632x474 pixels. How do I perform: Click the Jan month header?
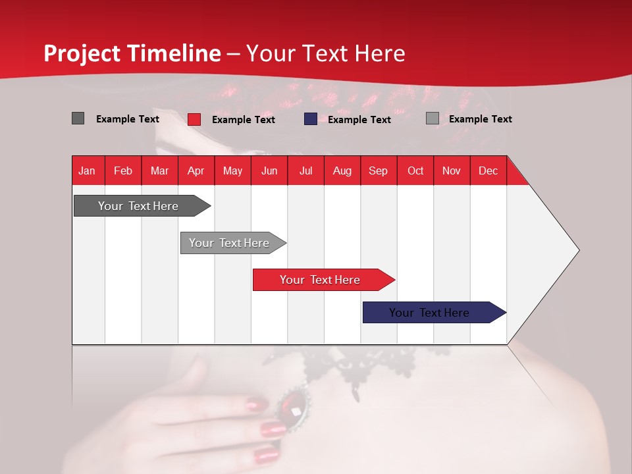(x=87, y=171)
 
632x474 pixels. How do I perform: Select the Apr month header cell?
(x=196, y=171)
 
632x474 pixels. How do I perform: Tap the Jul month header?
(x=305, y=171)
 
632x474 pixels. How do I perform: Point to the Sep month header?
(x=378, y=171)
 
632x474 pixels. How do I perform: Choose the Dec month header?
(x=488, y=171)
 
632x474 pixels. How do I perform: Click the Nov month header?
(x=451, y=171)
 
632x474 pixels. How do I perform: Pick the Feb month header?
(x=123, y=171)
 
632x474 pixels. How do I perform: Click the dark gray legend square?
(x=78, y=118)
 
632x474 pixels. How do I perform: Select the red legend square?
(x=194, y=119)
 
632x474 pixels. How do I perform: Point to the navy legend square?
(x=311, y=119)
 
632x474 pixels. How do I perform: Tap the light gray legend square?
(x=433, y=118)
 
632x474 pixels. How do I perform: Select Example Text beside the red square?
(x=243, y=120)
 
